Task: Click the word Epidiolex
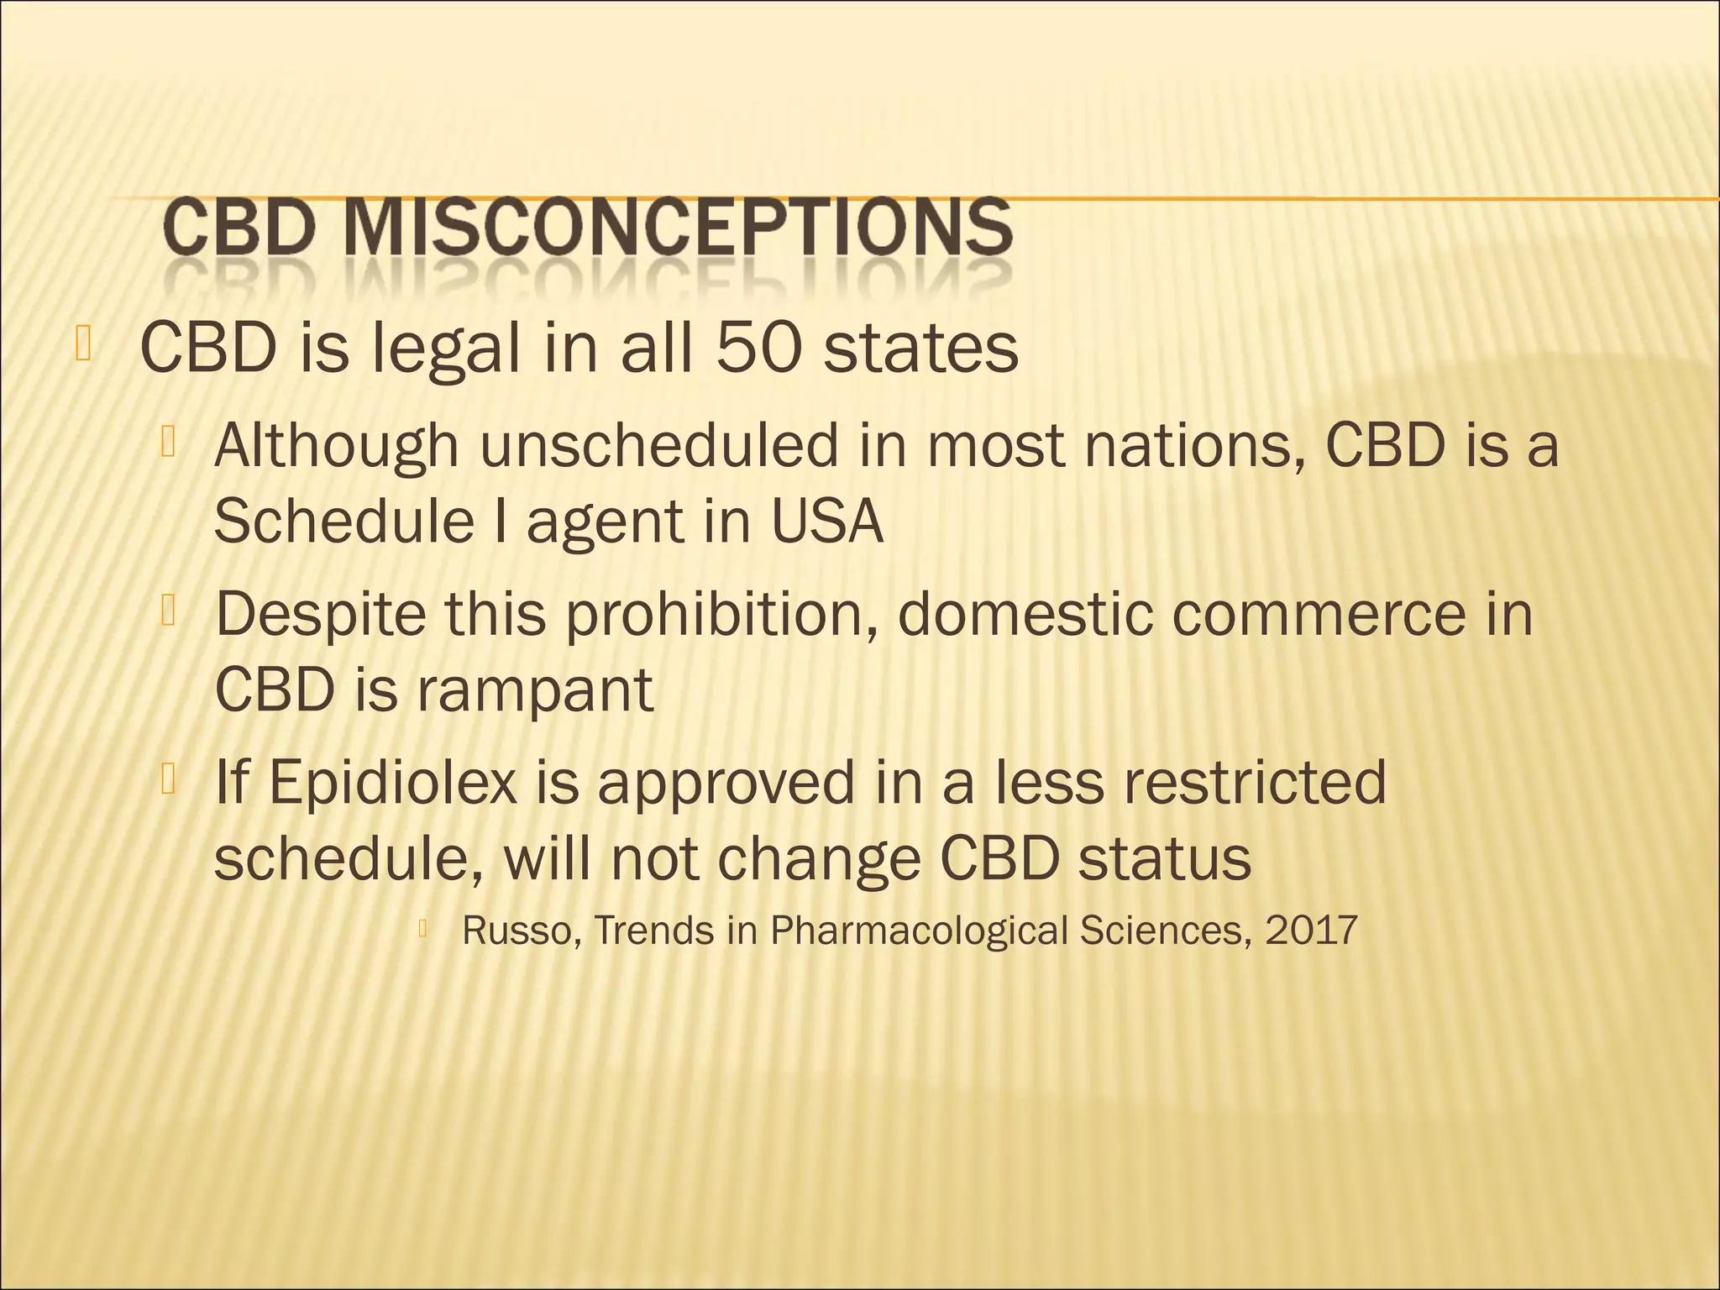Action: click(392, 782)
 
